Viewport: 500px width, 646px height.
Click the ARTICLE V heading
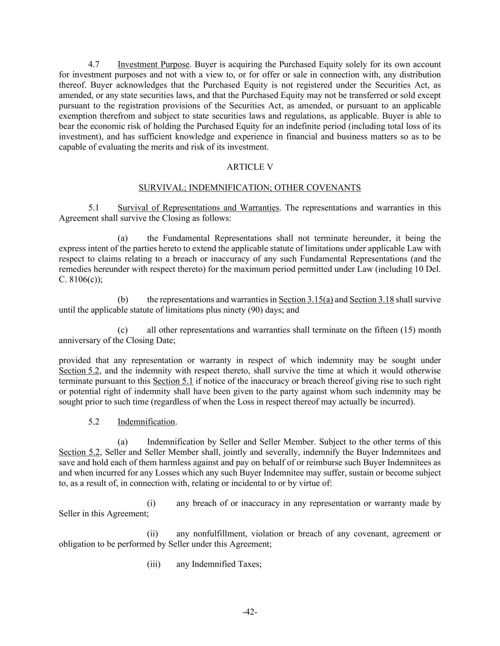pyautogui.click(x=250, y=167)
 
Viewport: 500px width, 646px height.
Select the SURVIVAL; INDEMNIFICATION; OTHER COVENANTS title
pyautogui.click(x=250, y=188)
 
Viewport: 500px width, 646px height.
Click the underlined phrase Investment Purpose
pyautogui.click(x=153, y=64)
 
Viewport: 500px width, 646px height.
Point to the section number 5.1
pyautogui.click(x=93, y=208)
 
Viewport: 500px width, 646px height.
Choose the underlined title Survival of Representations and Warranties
pyautogui.click(x=198, y=208)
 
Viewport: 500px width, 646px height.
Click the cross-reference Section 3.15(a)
pyautogui.click(x=306, y=300)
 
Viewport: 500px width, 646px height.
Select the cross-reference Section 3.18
pyautogui.click(x=372, y=300)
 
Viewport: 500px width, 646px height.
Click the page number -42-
pyautogui.click(x=250, y=612)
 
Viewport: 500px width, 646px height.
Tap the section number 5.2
pyautogui.click(x=93, y=422)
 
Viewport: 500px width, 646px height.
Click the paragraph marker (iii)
pyautogui.click(x=154, y=564)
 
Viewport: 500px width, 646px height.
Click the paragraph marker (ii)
pyautogui.click(x=153, y=534)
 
